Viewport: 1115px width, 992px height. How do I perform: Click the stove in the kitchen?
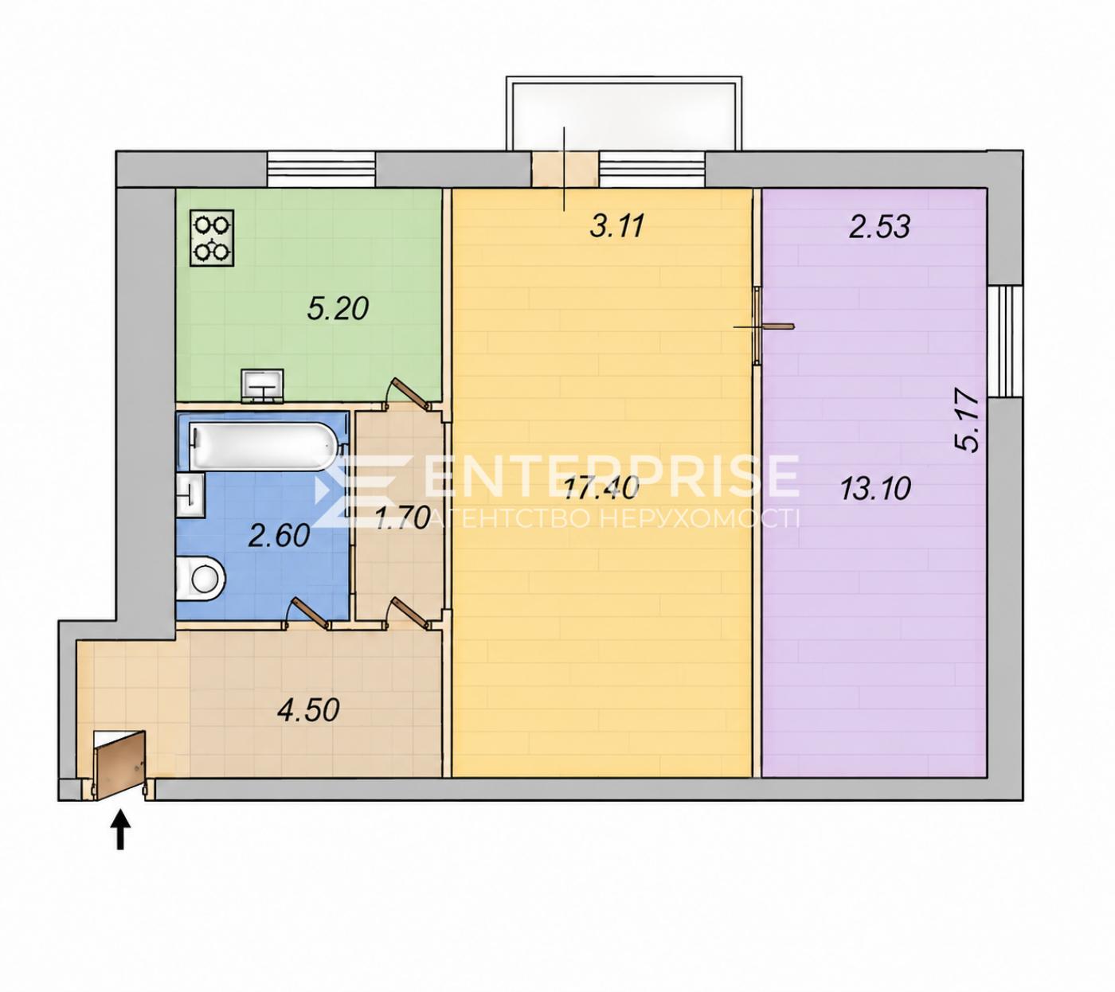point(212,238)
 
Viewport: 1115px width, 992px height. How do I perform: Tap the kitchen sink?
point(263,385)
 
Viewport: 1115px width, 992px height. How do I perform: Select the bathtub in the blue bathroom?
point(264,447)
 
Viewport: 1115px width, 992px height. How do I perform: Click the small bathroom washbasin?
point(190,496)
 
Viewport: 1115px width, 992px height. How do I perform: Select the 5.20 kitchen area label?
point(338,309)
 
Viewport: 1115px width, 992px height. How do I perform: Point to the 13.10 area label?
point(875,489)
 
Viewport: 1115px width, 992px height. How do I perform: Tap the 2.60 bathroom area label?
point(279,536)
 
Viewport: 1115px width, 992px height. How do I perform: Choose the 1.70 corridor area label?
point(401,517)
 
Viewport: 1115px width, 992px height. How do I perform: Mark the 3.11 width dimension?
point(616,226)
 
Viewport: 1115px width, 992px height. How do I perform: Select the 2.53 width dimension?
point(879,226)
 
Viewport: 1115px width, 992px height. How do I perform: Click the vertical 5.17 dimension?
point(968,421)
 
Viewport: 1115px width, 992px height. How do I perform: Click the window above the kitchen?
point(322,170)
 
